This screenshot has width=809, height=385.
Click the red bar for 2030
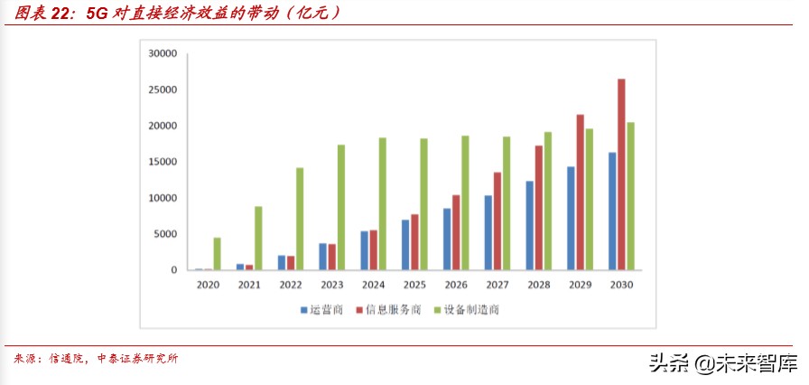click(x=621, y=174)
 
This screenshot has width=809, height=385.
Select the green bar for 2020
click(x=217, y=254)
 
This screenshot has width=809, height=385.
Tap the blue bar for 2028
click(x=530, y=226)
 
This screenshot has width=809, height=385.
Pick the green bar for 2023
click(x=340, y=207)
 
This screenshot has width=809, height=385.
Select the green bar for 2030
click(x=631, y=196)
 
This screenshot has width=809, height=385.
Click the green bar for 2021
click(x=258, y=239)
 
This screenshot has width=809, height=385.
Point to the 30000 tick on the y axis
click(x=162, y=53)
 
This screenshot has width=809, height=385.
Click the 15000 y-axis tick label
click(x=162, y=162)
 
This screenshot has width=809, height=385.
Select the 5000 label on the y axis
click(x=164, y=234)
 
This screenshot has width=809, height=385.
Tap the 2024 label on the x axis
click(x=373, y=285)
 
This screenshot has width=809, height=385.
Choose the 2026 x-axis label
click(x=456, y=285)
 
